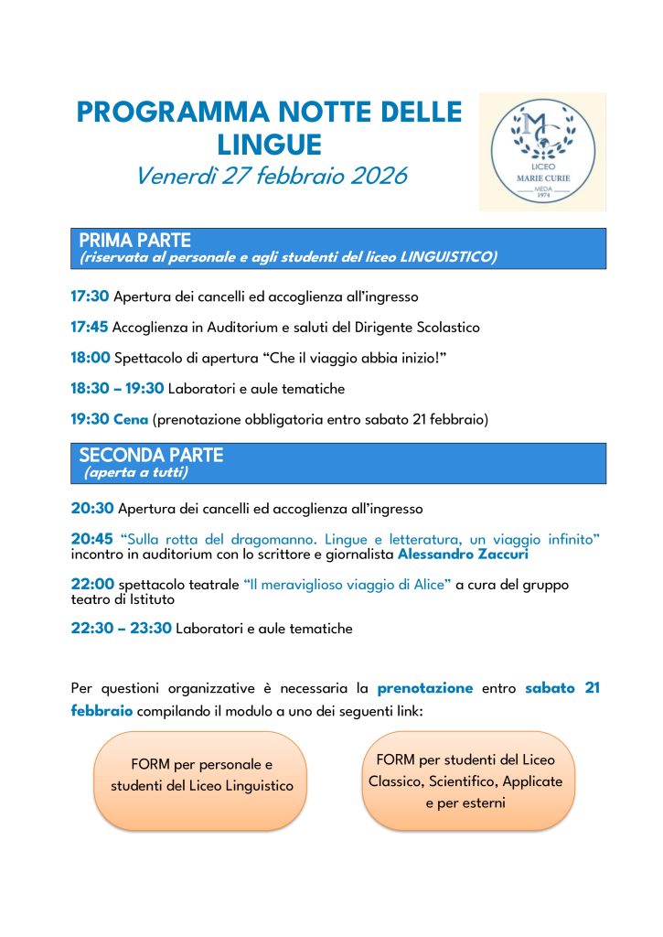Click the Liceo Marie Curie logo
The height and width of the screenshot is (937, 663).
[x=542, y=151]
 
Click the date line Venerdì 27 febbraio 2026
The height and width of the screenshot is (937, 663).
[x=271, y=176]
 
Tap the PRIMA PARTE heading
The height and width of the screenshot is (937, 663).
[x=134, y=241]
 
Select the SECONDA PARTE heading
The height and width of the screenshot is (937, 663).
[x=151, y=455]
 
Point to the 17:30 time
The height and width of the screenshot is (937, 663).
[x=90, y=296]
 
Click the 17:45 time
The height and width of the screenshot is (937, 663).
[x=90, y=327]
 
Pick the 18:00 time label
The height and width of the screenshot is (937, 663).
[x=90, y=358]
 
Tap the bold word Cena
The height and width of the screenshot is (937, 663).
[x=131, y=420]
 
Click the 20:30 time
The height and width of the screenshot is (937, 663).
[x=92, y=508]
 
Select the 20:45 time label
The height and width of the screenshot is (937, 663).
[x=92, y=539]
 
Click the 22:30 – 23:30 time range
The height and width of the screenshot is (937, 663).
[x=121, y=629]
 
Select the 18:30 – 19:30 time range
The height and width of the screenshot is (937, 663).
[x=117, y=389]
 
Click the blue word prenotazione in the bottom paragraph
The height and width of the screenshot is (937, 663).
[x=424, y=688]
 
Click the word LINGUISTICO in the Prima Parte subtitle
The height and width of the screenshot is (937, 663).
[x=448, y=258]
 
